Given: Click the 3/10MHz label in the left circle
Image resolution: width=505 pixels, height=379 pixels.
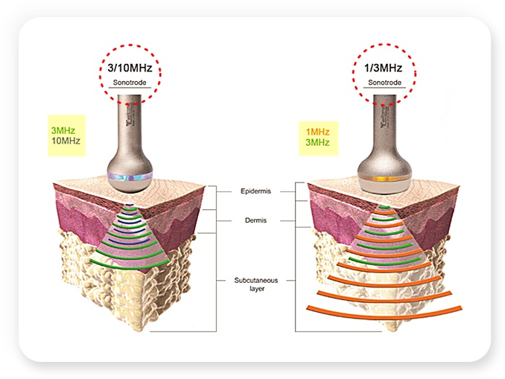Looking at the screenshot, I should tap(130, 68).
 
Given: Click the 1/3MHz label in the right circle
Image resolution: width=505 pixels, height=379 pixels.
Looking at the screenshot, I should tap(384, 68).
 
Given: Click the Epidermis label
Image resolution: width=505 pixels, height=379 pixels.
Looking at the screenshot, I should tap(253, 191).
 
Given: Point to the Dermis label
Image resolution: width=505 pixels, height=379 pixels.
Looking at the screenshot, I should tap(253, 220).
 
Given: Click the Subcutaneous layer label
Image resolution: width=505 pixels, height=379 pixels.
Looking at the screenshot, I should tap(253, 284).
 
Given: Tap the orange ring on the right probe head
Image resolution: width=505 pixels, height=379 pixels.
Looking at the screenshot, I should tap(384, 179).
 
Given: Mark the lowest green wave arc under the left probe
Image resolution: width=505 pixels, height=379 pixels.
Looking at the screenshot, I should tap(130, 260).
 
